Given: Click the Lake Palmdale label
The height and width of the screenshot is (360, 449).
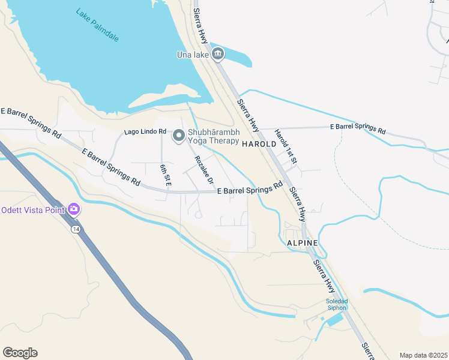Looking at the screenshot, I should pos(98,25).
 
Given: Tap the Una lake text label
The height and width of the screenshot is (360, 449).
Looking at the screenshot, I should pos(193,55).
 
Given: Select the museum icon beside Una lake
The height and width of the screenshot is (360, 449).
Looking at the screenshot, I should pos(218,55).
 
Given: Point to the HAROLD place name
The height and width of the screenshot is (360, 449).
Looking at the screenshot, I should pos(259,144).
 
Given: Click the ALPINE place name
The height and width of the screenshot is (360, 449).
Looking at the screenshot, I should pos(302,242).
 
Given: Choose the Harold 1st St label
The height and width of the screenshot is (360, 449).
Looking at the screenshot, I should pos(286,146).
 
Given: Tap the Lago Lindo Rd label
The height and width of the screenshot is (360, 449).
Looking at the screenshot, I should pos(145,132).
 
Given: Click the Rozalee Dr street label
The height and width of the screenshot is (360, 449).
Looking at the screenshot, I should pos(203,170).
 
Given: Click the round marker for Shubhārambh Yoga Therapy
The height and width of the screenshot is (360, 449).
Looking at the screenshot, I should pos(178,137).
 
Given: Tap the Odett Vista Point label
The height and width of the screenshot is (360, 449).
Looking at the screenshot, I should pos(33,209).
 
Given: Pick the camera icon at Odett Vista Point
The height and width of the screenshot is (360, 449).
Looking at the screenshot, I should pos(74,209).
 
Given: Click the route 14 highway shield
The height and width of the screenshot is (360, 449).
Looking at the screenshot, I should pos(76,230).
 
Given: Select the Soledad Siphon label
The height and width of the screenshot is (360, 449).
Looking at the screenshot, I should pos(337,304).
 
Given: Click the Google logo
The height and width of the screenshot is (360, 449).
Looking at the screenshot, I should pos(20,353).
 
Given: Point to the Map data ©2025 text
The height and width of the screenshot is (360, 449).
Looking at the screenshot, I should pos(423,355).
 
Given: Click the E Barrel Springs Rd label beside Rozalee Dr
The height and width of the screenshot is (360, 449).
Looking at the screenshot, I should pos(249,189).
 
